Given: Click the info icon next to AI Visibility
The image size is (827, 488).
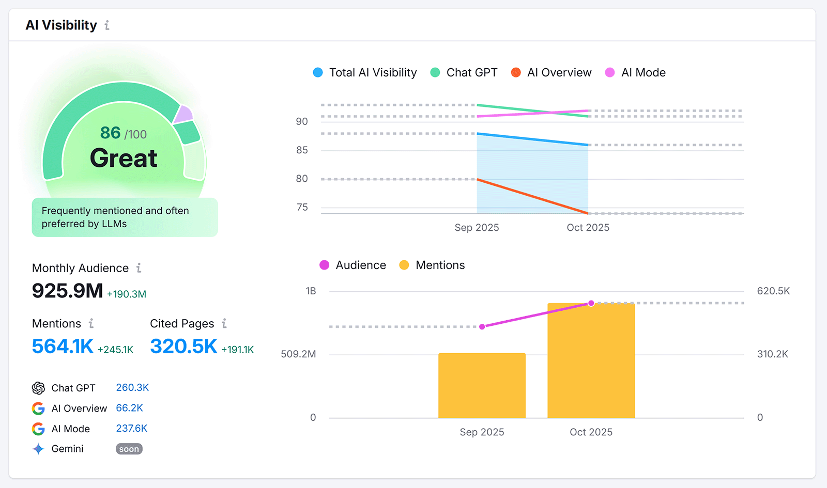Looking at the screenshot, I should (107, 25).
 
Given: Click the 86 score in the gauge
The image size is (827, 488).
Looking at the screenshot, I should (111, 133).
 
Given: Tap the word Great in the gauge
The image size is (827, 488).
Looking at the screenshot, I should (124, 158).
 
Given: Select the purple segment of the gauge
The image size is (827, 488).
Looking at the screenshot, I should (183, 114).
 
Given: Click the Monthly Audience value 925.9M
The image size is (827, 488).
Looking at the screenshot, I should (67, 291).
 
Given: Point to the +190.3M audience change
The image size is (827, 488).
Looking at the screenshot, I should (127, 294).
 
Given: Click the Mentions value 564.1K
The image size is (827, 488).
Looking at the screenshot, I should (63, 347).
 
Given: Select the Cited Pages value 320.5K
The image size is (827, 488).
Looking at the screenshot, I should (183, 347).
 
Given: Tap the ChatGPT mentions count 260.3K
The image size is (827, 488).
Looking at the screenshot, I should (132, 387).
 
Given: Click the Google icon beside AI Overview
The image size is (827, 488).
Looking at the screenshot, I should (38, 408).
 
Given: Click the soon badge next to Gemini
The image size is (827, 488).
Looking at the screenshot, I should (129, 449).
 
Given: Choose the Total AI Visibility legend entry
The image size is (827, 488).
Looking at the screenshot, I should (364, 73).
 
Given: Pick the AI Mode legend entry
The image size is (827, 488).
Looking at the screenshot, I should (635, 73).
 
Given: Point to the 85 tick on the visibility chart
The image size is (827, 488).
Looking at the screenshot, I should (302, 150).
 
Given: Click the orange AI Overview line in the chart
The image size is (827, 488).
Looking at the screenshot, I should (532, 196).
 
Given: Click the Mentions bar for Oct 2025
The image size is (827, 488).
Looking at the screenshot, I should (591, 361).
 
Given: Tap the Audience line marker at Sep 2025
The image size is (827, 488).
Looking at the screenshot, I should (482, 327).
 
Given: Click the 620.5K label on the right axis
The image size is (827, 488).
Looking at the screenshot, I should (773, 291).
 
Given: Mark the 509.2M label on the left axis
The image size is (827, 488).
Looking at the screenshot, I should (298, 354).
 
